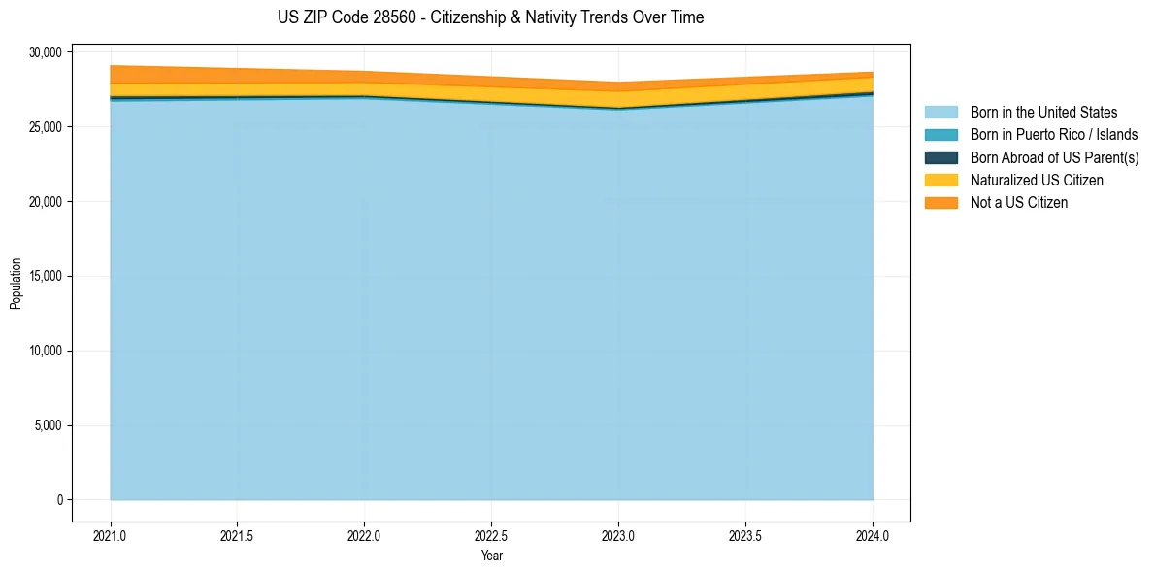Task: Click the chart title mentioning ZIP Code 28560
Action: tap(490, 17)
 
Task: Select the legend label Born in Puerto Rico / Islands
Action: tap(1054, 135)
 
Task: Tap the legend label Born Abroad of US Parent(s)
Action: tap(1054, 157)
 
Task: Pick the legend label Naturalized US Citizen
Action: tap(1037, 180)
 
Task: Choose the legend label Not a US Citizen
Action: tap(1019, 202)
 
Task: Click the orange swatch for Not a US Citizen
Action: tap(940, 202)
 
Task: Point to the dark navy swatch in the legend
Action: tap(940, 157)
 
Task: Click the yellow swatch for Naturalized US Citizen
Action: tap(940, 180)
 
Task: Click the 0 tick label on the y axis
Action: tap(59, 500)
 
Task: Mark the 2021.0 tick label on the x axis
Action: tap(111, 534)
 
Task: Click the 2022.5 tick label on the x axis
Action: tap(491, 534)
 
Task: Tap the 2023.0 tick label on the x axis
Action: tap(618, 534)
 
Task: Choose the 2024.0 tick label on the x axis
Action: tap(873, 534)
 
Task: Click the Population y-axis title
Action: tap(16, 284)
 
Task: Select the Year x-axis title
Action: tap(491, 556)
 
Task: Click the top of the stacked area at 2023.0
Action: tap(618, 83)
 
